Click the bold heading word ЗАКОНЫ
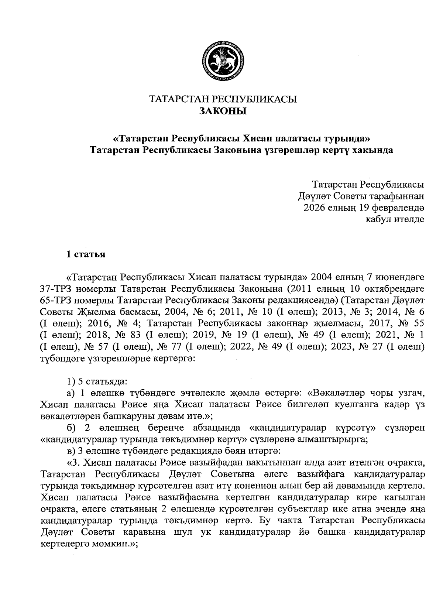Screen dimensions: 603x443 pos(223,111)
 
